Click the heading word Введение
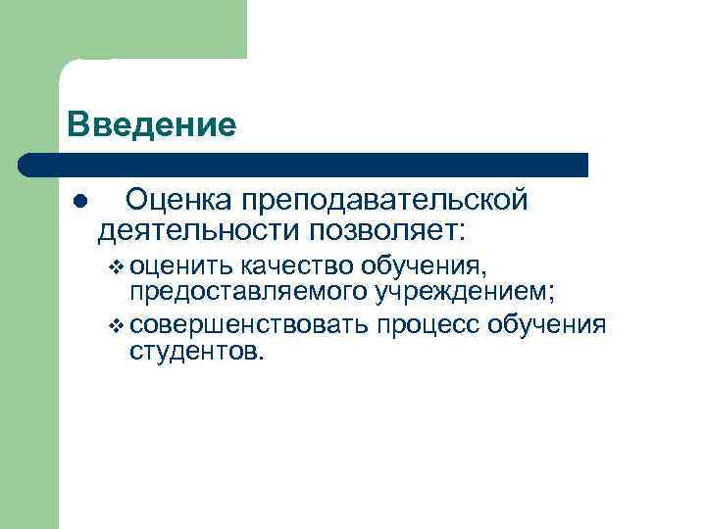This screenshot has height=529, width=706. [x=152, y=125]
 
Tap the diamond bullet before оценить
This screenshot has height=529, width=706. [x=117, y=265]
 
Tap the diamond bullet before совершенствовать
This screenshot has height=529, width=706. [x=117, y=325]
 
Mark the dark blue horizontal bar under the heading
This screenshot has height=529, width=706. [x=304, y=165]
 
